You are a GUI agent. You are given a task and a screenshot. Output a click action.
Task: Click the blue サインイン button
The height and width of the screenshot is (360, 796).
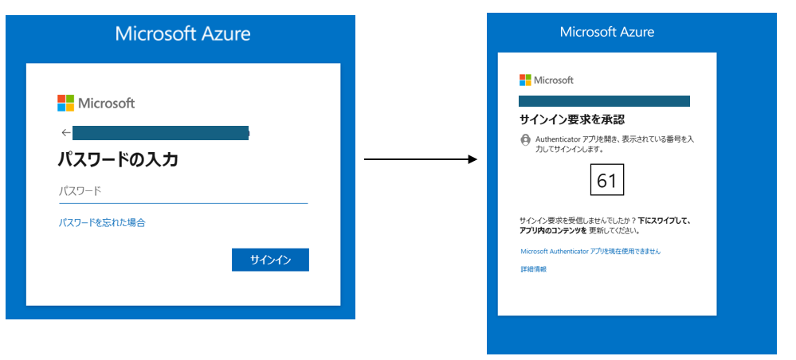270,260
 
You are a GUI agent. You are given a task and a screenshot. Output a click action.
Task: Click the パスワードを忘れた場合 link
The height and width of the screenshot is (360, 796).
102,222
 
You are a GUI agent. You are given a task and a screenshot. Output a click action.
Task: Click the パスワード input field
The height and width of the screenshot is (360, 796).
183,192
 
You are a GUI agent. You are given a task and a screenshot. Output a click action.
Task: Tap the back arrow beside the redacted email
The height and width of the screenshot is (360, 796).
65,133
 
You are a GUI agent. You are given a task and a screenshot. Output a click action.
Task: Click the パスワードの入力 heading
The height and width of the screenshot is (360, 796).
118,160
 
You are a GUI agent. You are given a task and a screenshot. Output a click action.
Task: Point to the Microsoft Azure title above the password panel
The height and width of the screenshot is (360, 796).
182,34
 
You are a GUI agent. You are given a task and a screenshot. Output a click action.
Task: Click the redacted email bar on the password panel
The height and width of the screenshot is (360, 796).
161,133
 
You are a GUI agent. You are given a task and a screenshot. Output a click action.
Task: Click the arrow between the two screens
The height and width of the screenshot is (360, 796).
421,159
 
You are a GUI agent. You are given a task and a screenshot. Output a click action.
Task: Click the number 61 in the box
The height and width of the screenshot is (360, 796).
606,180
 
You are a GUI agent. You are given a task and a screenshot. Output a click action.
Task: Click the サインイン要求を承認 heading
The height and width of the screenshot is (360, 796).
571,119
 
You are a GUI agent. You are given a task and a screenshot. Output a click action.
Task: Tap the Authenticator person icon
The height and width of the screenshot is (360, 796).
525,140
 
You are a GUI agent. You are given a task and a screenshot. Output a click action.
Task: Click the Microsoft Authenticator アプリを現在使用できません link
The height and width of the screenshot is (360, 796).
590,251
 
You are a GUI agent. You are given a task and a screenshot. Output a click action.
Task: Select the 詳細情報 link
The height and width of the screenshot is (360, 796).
534,269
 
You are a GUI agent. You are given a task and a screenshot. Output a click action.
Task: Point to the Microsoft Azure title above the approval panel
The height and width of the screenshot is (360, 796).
607,32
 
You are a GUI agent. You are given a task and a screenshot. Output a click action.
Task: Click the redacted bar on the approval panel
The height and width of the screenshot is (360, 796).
604,101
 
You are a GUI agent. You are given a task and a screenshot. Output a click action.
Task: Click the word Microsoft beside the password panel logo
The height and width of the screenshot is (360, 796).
106,104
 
